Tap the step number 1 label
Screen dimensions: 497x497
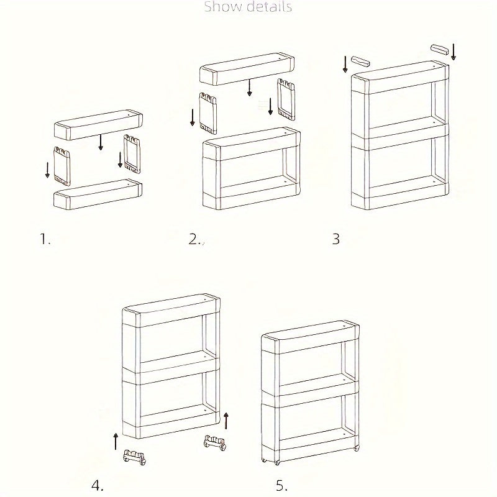pyautogui.click(x=45, y=239)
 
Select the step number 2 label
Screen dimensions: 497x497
pyautogui.click(x=194, y=239)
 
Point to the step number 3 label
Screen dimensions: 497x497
pyautogui.click(x=336, y=239)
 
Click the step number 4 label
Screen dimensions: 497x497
pyautogui.click(x=97, y=485)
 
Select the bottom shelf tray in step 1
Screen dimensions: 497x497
pyautogui.click(x=98, y=194)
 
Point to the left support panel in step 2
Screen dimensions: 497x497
pyautogui.click(x=208, y=112)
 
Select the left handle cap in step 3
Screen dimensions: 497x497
pyautogui.click(x=360, y=62)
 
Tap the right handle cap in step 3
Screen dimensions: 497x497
pyautogui.click(x=439, y=48)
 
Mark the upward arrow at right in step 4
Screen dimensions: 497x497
pyautogui.click(x=226, y=421)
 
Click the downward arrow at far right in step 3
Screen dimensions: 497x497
pyautogui.click(x=454, y=52)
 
